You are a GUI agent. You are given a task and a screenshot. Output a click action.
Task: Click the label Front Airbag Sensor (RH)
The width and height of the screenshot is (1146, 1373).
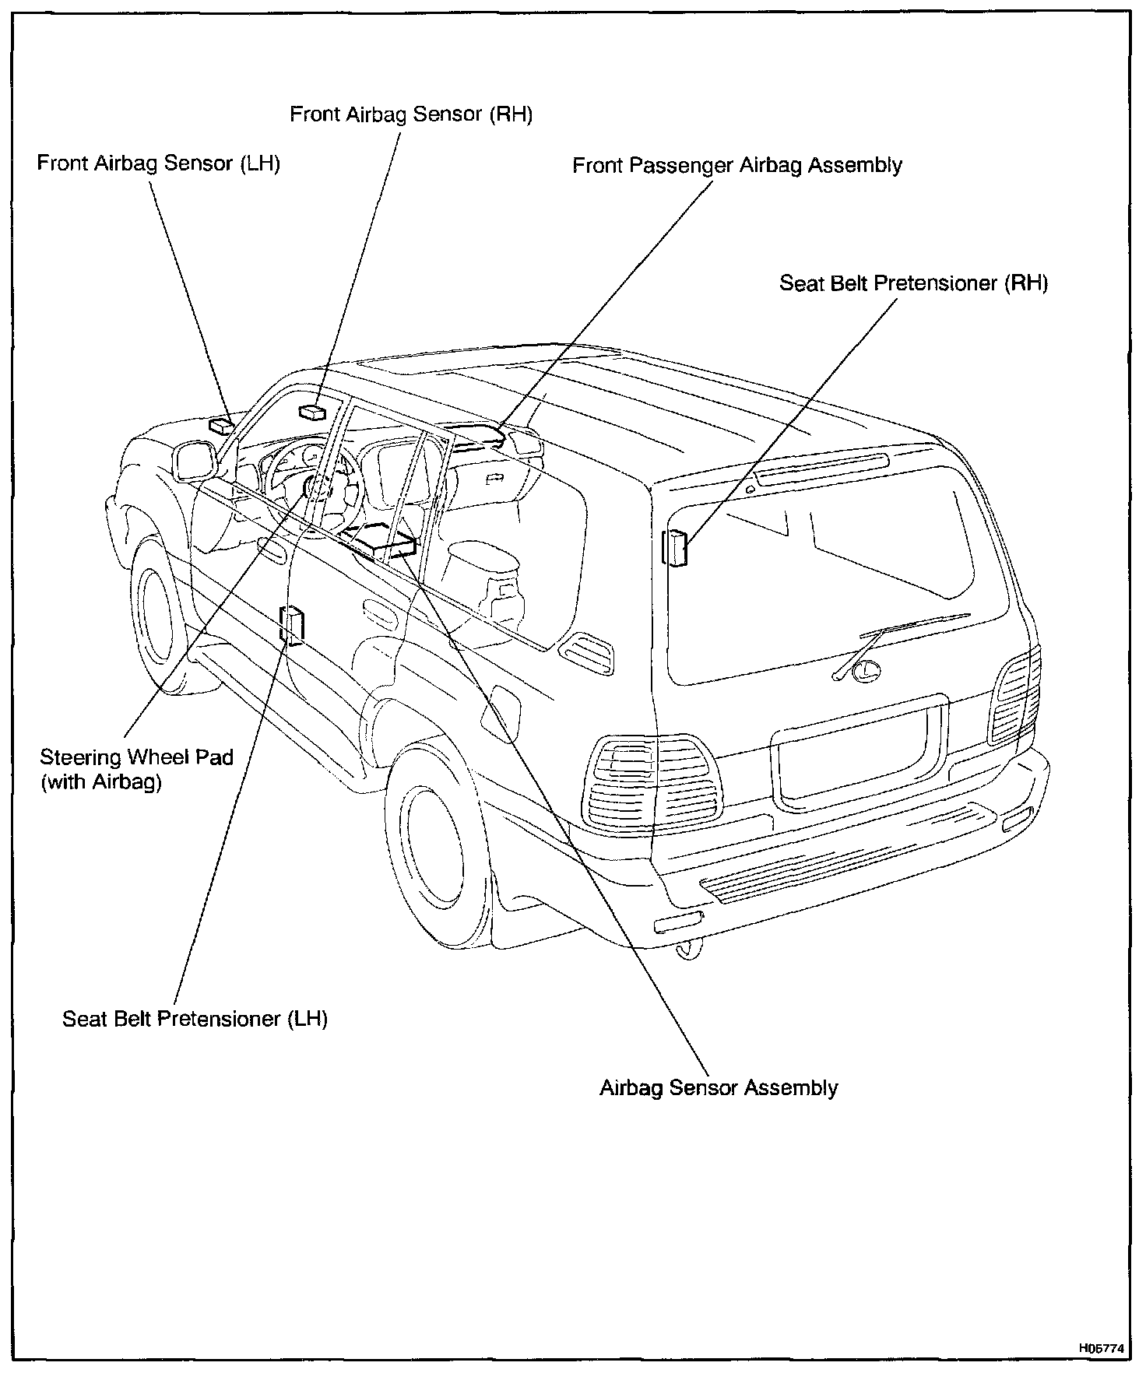[x=411, y=115]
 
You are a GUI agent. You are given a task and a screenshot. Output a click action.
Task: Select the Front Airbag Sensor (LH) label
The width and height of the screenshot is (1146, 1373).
[x=159, y=163]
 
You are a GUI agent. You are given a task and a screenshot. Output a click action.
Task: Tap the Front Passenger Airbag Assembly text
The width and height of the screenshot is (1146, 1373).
[x=737, y=166]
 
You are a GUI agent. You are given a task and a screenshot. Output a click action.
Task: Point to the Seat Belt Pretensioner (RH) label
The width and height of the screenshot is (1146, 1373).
[x=913, y=283]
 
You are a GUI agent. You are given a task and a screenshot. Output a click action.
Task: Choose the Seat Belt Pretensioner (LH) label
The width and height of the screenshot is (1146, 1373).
[x=195, y=1019]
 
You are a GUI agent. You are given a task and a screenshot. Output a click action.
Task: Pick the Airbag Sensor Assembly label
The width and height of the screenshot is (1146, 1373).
[x=719, y=1087]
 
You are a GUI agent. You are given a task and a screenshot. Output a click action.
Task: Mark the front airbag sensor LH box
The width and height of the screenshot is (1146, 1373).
[x=220, y=425]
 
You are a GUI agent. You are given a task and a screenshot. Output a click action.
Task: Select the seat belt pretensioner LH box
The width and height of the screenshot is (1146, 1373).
[x=293, y=625]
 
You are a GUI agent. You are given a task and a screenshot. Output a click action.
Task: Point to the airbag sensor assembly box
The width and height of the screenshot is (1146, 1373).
[x=381, y=539]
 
